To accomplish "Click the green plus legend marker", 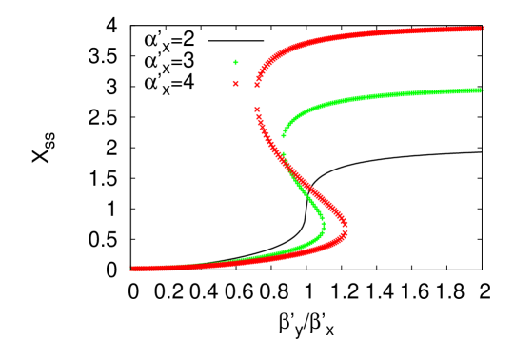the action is click(235, 63).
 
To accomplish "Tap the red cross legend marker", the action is click(235, 84).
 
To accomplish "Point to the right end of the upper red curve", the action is click(484, 29).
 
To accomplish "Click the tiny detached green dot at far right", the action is click(483, 90).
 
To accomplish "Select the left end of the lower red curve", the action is click(132, 269).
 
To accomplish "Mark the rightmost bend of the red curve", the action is click(344, 226).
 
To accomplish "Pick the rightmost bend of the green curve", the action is click(324, 225).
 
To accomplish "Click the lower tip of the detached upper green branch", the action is click(283, 136).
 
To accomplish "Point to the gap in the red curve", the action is click(255, 97).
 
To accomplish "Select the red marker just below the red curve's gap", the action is click(256, 109).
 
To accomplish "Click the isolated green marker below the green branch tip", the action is click(284, 153).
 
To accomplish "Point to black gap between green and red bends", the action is click(333, 227).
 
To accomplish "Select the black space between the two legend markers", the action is click(235, 73).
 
